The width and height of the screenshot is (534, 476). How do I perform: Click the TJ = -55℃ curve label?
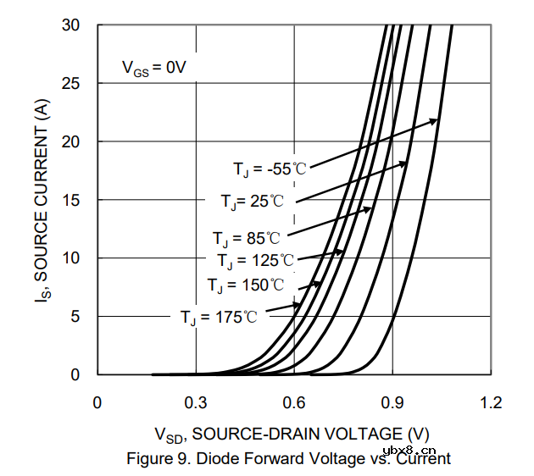coord(270,169)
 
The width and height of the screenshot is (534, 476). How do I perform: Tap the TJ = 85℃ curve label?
coord(246,238)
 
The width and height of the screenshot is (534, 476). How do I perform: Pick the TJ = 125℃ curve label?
coord(255,260)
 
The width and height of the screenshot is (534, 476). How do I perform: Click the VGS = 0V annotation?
coord(153,68)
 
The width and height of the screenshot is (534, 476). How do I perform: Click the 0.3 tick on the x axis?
coord(196,402)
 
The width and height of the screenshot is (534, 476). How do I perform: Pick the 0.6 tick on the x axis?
coord(294,402)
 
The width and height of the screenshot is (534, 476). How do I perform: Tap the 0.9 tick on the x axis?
coord(392,402)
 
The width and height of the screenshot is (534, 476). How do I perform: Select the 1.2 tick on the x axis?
coord(490,402)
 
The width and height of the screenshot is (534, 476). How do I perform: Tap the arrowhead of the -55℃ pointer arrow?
coord(436,121)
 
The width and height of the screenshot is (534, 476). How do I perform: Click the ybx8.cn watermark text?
coord(409,450)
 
